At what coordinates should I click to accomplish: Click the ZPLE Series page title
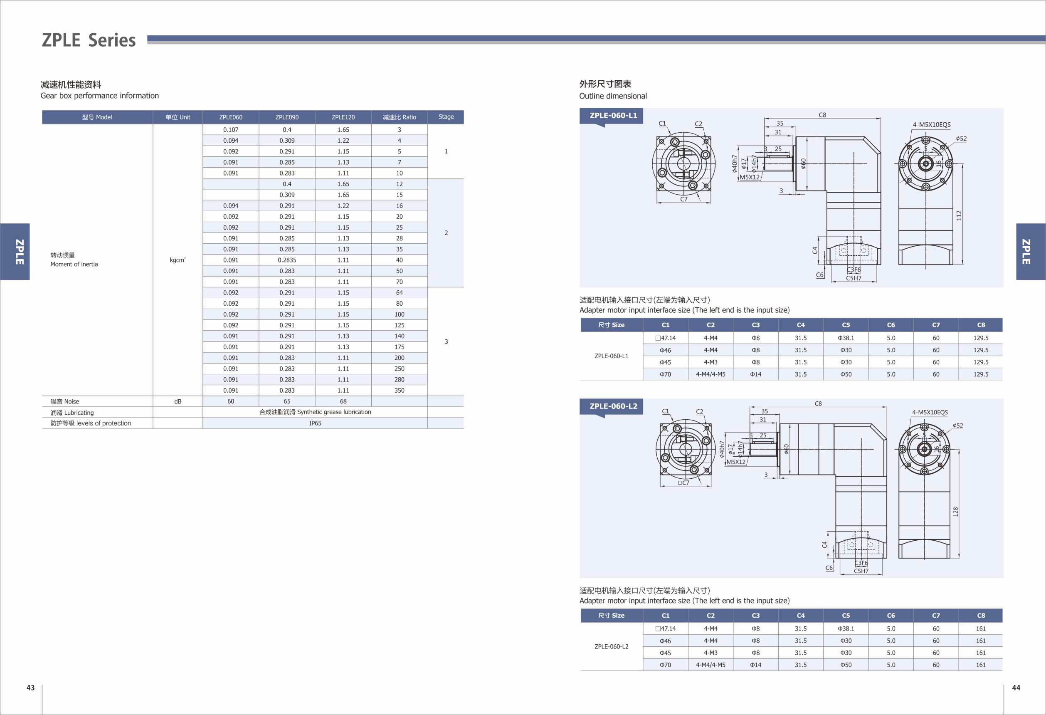pos(89,40)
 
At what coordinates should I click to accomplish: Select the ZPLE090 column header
pos(287,117)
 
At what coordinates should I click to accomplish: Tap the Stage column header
pos(446,116)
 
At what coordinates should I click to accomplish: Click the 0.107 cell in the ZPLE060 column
pos(230,130)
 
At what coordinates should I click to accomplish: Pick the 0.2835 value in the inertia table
pos(287,260)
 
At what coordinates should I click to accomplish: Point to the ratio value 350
pos(399,391)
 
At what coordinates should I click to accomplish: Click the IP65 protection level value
pos(315,423)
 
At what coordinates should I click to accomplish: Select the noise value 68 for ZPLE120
pos(343,401)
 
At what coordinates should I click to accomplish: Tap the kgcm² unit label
pos(178,260)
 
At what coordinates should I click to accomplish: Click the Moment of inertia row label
pos(74,264)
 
